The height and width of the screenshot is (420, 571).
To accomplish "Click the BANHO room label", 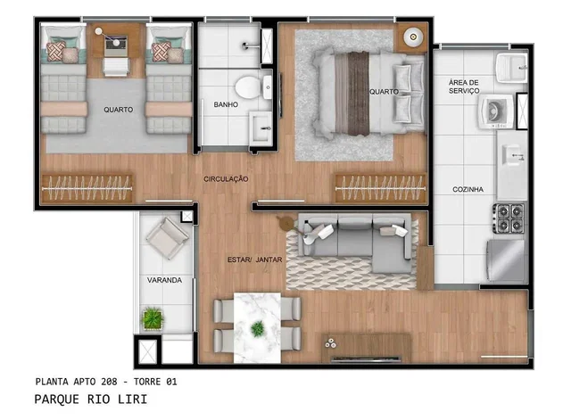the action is coord(226,104).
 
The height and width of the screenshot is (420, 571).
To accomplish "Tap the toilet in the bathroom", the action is coord(252,87).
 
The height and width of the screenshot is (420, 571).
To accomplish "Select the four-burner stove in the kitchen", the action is coord(509,218).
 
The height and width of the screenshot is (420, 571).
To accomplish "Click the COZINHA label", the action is coord(468,189).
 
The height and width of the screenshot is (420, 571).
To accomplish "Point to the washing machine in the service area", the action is coord(496,111).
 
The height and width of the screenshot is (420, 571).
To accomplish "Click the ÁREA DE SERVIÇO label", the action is coord(464,86).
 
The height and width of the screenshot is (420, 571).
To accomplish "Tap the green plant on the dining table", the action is coord(258,329).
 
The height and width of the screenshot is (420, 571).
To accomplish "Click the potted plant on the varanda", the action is coord(153,318).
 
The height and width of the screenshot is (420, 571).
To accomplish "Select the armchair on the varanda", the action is coord(168,238).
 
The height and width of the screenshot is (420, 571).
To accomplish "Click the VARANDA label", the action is coord(164,280).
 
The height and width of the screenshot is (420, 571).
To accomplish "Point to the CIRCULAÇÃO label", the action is coord(226,178).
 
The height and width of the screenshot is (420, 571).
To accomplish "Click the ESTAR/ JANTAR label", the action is coord(254,259).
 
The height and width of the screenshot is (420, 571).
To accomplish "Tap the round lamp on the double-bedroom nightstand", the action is coord(412,37).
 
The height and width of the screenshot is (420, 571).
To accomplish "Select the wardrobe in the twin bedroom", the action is coord(87,188).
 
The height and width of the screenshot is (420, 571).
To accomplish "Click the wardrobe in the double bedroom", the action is coord(380,188).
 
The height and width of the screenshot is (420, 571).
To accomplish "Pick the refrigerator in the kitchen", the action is coord(506,259).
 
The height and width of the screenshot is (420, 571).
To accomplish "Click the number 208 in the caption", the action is coord(109,382).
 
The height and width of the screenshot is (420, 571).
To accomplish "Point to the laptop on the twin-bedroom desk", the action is coord(116,45).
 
